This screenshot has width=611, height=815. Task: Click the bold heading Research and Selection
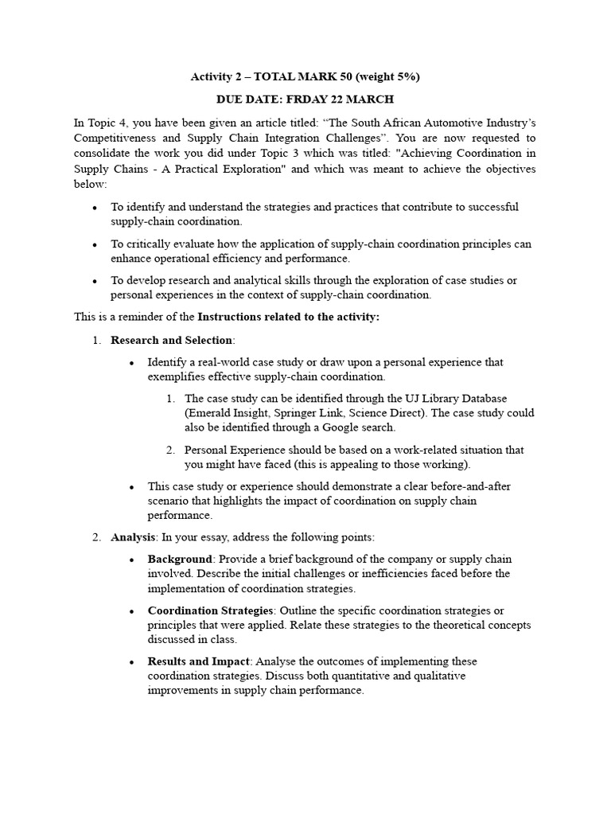pos(171,341)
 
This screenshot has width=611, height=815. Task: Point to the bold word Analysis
pos(132,537)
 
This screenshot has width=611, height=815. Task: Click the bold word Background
pos(180,559)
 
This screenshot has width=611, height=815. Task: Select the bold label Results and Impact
pos(199,661)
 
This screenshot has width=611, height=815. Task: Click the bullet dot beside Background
pos(132,560)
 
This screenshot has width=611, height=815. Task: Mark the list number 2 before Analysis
pos(95,537)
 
